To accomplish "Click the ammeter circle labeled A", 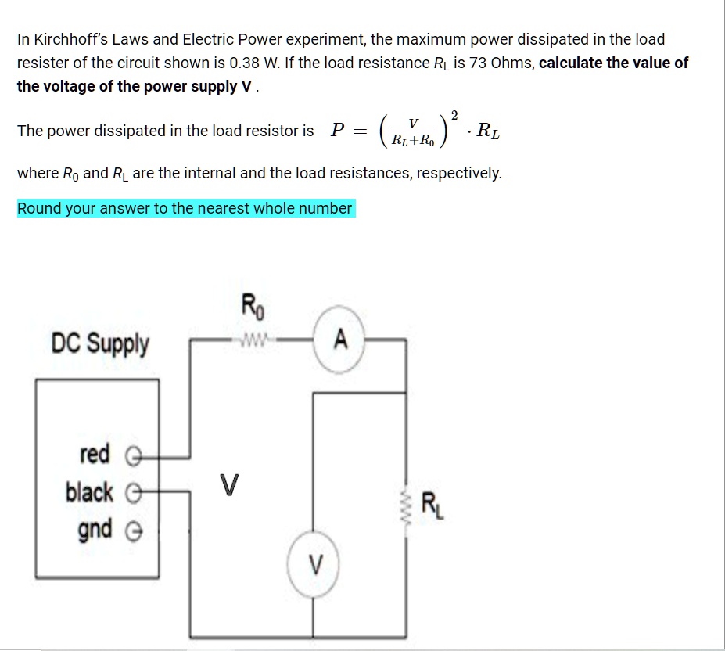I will pyautogui.click(x=339, y=340).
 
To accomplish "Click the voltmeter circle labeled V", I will pyautogui.click(x=314, y=563).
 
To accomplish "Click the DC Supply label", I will pyautogui.click(x=99, y=343).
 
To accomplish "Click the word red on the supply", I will pyautogui.click(x=95, y=453).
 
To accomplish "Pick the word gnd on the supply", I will pyautogui.click(x=95, y=529).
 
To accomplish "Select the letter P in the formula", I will pyautogui.click(x=338, y=131).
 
